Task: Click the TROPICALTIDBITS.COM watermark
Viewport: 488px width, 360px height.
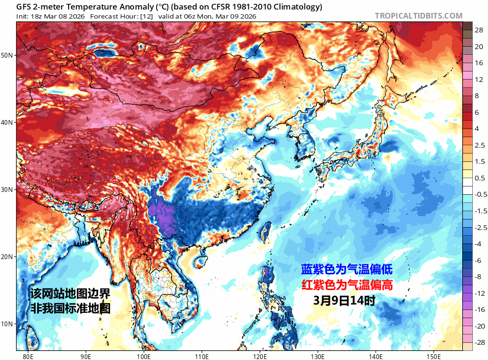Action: [x=418, y=16]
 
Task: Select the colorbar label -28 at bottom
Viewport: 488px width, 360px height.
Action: [x=479, y=342]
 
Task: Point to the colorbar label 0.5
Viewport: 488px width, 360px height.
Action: [x=479, y=178]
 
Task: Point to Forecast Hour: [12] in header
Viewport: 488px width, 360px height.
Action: [x=121, y=16]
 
